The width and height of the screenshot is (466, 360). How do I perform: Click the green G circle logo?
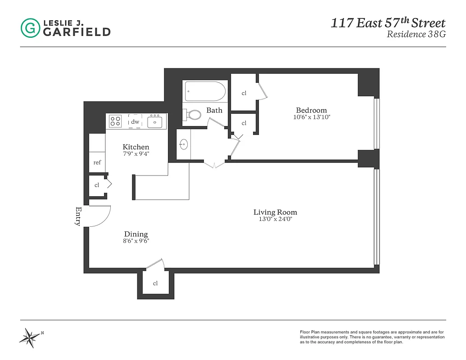[30, 28]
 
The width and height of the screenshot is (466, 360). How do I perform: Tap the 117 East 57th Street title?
[388, 23]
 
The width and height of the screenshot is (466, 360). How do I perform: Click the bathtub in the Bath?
[205, 91]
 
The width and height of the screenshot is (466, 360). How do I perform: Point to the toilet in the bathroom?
[194, 115]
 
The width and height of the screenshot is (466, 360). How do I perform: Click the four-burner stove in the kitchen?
[115, 121]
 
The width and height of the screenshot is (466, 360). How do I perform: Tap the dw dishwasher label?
[135, 121]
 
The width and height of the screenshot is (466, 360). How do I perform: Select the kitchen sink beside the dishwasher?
[155, 121]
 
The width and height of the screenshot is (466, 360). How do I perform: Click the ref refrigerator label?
[97, 162]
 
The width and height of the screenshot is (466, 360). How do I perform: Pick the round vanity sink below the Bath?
[183, 145]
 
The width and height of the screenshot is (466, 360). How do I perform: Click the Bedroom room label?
[311, 110]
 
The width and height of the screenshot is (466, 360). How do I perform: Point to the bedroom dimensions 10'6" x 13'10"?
[311, 117]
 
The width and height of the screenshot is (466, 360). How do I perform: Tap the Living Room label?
[275, 212]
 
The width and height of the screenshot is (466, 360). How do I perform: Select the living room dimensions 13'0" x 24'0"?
[275, 219]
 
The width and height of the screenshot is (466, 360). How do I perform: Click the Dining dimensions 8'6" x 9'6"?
[136, 241]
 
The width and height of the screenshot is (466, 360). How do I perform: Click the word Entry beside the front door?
[78, 216]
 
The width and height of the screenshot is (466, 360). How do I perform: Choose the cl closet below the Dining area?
[155, 283]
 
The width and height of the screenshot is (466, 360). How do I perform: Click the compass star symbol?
[30, 337]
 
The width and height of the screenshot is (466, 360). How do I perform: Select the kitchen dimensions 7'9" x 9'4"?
[136, 153]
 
